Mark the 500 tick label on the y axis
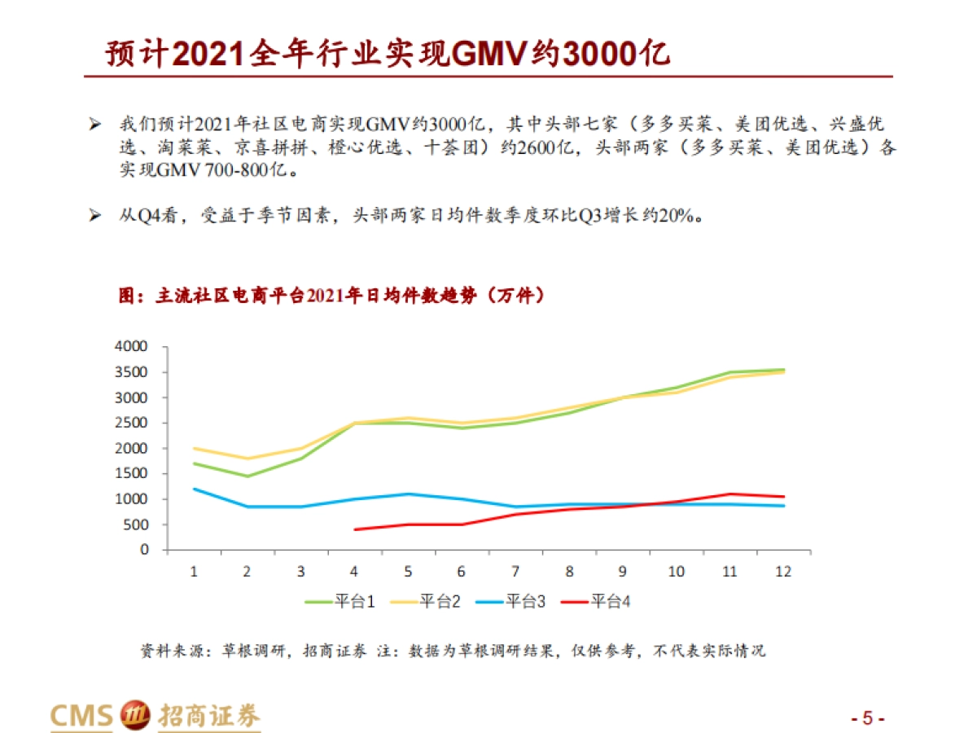[138, 525]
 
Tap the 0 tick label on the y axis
[145, 550]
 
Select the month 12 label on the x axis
[783, 572]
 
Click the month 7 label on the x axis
[515, 572]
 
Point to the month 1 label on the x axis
[194, 572]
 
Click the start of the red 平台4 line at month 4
[355, 529]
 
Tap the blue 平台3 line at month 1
[194, 489]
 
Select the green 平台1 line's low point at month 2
[248, 476]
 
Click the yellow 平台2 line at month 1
[194, 448]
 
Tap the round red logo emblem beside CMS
[135, 716]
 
